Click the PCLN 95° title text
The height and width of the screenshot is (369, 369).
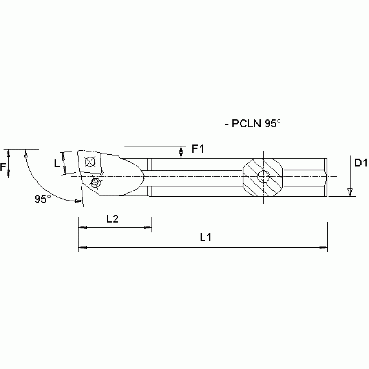click(253, 123)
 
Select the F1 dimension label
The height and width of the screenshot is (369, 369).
click(198, 149)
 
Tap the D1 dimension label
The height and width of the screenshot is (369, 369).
click(360, 164)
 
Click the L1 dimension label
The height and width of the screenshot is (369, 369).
click(206, 237)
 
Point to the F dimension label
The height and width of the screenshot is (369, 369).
click(4, 167)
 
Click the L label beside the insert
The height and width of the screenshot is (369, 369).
click(57, 164)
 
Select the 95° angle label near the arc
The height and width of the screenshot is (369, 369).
click(43, 198)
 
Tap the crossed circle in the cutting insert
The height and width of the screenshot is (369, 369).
click(89, 162)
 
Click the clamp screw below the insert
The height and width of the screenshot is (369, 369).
click(96, 182)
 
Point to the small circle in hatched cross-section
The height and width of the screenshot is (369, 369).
click(263, 177)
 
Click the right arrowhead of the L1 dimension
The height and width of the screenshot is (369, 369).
click(324, 248)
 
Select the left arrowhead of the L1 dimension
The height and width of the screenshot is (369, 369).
click(82, 248)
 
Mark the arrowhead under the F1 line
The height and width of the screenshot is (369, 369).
click(181, 153)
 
